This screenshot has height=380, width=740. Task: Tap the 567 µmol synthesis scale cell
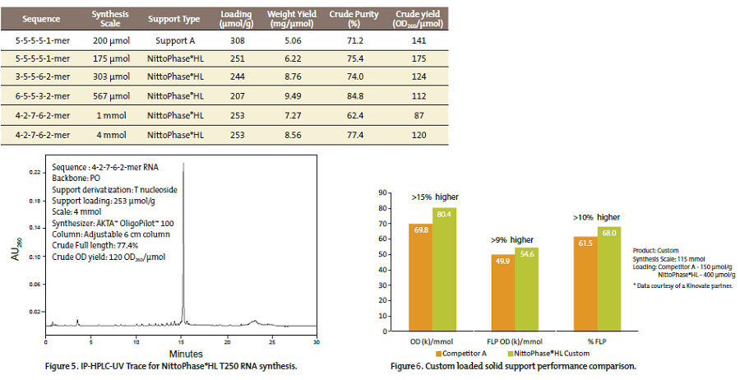(x=111, y=93)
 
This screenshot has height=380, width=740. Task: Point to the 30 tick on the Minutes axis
(x=317, y=341)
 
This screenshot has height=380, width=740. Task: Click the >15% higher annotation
(x=434, y=197)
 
